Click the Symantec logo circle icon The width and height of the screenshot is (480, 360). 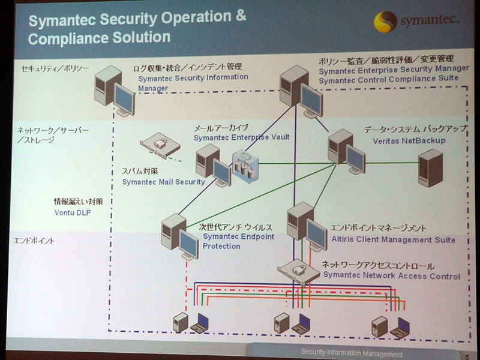click(385, 22)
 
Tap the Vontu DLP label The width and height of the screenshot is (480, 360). click(73, 212)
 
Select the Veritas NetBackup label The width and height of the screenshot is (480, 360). click(409, 141)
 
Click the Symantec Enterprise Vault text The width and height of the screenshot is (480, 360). click(242, 137)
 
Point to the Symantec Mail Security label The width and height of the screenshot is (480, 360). click(163, 182)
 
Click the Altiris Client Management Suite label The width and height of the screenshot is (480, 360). click(394, 239)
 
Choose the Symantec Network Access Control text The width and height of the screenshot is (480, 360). click(392, 275)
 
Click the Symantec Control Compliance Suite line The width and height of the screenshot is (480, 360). click(388, 80)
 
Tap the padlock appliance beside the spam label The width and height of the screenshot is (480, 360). click(160, 145)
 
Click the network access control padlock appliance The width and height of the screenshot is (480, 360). click(299, 272)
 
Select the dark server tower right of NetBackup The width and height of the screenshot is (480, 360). click(430, 168)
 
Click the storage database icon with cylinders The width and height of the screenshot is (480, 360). click(245, 167)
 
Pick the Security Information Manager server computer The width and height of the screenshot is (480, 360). click(114, 91)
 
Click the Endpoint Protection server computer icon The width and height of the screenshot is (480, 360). click(179, 236)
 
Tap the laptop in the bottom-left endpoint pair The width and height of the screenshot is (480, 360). click(200, 323)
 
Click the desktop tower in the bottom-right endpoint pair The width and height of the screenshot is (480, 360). click(380, 326)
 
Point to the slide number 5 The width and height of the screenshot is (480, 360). click(467, 356)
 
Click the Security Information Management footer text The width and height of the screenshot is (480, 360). click(352, 353)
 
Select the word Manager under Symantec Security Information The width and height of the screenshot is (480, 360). click(153, 88)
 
